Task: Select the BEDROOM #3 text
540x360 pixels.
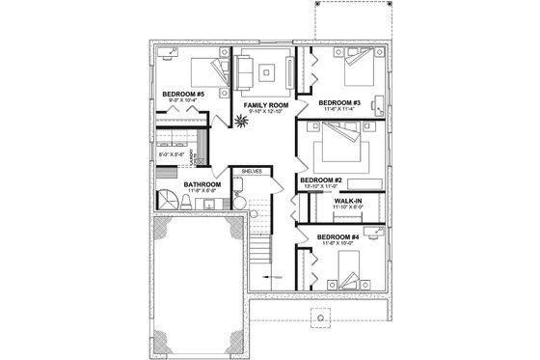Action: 339,103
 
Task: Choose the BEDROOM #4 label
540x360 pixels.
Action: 339,236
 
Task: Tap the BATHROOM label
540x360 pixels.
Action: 203,183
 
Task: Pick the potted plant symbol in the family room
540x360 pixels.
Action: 239,121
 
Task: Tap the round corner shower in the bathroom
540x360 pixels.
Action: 170,201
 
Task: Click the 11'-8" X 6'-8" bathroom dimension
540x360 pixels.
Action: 203,192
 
